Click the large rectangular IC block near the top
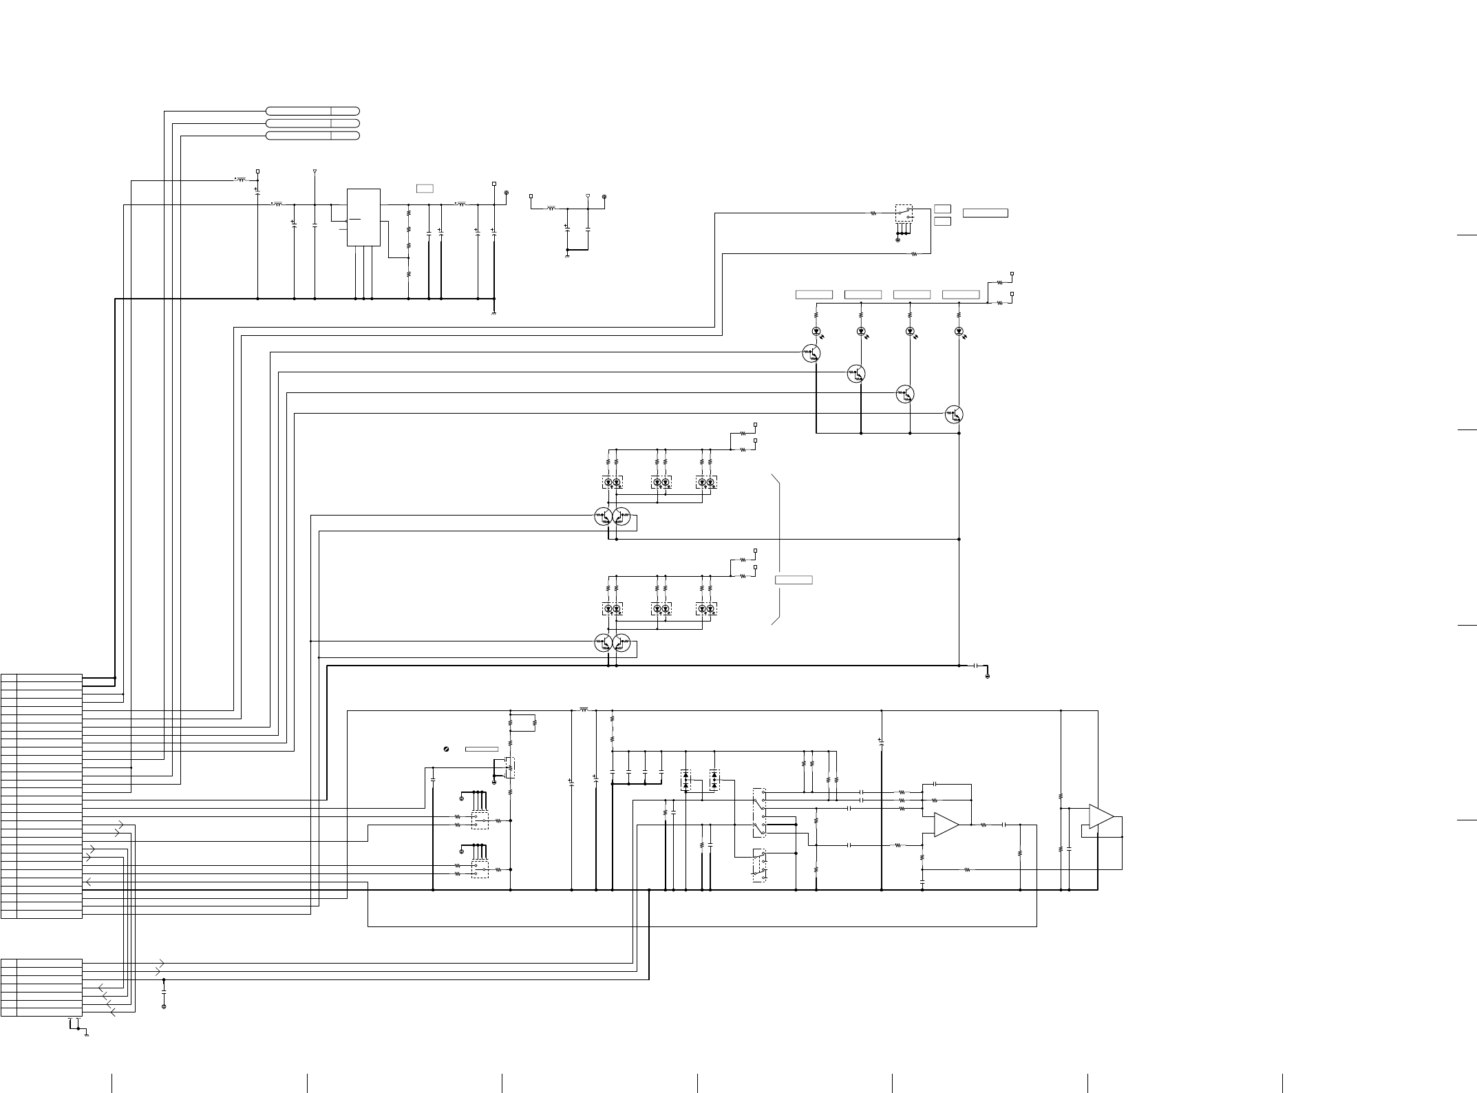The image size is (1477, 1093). pyautogui.click(x=363, y=217)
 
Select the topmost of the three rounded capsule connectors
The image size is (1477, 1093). pyautogui.click(x=312, y=111)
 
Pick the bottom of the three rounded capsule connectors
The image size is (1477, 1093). pyautogui.click(x=312, y=136)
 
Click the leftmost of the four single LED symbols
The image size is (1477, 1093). pyautogui.click(x=816, y=331)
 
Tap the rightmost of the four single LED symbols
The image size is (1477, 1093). pyautogui.click(x=959, y=331)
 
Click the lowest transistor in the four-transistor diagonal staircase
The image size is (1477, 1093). pyautogui.click(x=954, y=414)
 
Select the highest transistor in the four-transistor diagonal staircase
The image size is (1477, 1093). pyautogui.click(x=811, y=354)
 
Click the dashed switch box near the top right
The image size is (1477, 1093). pyautogui.click(x=904, y=213)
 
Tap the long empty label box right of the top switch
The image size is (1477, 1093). pyautogui.click(x=985, y=213)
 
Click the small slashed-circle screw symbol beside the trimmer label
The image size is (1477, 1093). pyautogui.click(x=447, y=748)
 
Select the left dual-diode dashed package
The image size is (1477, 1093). pyautogui.click(x=686, y=779)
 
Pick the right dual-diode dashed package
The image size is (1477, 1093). pyautogui.click(x=714, y=779)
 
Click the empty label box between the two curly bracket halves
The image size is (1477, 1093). pyautogui.click(x=794, y=580)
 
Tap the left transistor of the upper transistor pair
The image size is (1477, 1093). pyautogui.click(x=603, y=516)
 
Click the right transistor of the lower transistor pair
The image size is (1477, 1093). pyautogui.click(x=621, y=644)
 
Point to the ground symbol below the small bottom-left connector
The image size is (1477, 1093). pyautogui.click(x=86, y=1033)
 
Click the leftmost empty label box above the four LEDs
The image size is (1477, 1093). pyautogui.click(x=814, y=295)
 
